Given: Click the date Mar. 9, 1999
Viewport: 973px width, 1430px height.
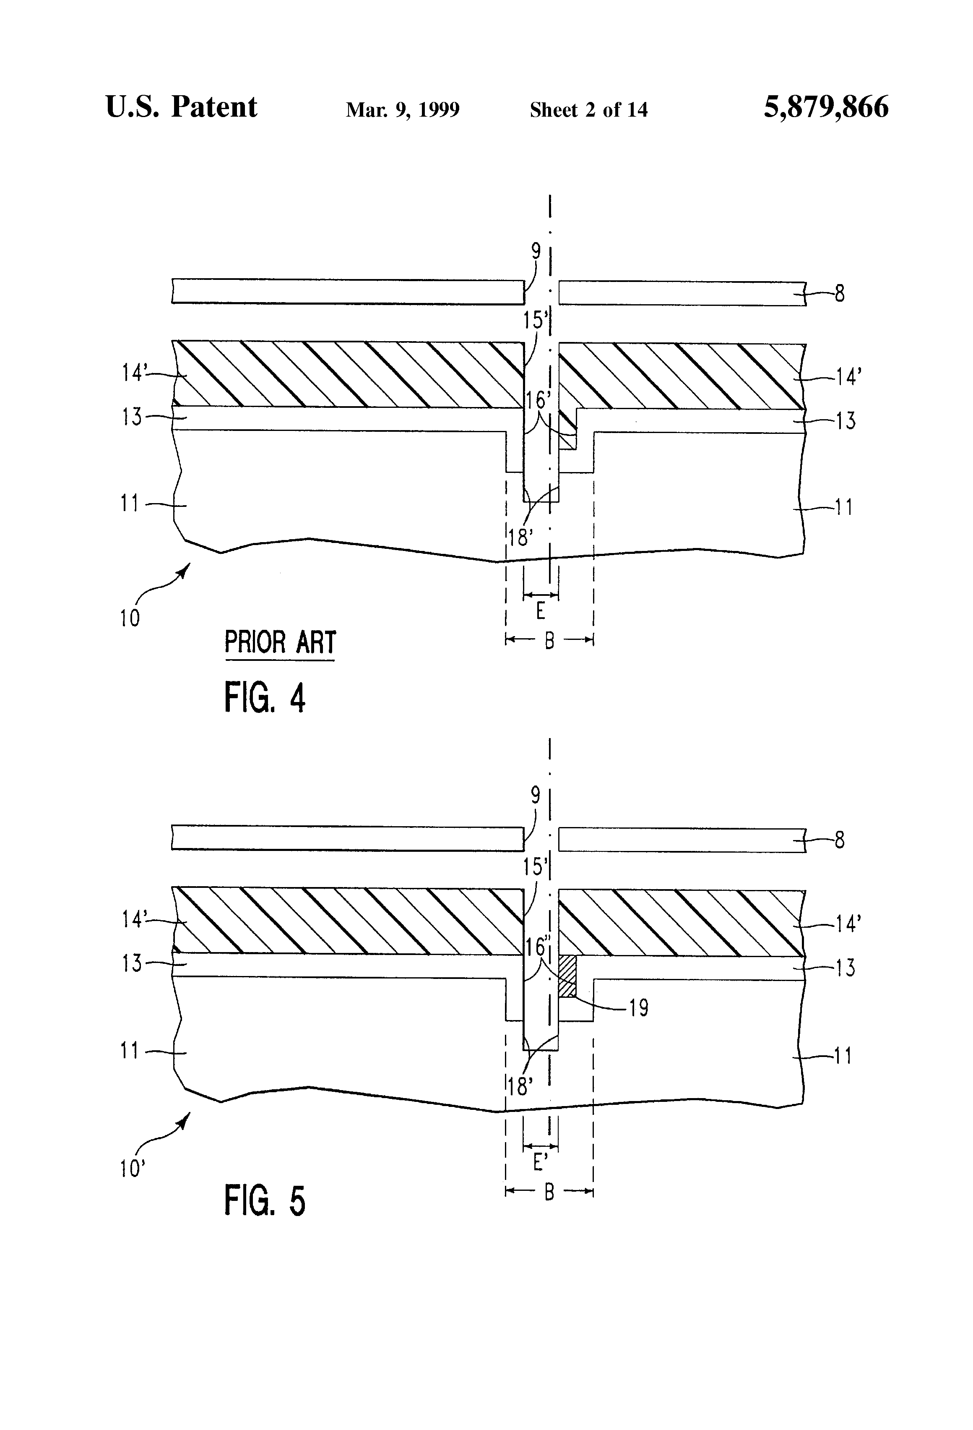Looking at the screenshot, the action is click(403, 110).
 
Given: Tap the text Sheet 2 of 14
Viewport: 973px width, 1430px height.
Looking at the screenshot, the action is click(588, 110).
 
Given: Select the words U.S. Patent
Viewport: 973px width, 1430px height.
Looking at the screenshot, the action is click(182, 107).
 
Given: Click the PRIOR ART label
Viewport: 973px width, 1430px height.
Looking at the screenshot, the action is click(280, 642).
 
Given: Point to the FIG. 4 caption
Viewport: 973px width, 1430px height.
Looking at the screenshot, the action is click(265, 698).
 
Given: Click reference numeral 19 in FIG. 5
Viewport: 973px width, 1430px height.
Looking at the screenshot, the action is click(639, 1008).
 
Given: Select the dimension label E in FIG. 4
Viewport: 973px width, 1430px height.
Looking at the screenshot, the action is click(540, 611).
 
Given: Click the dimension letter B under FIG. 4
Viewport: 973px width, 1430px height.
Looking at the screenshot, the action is click(549, 641).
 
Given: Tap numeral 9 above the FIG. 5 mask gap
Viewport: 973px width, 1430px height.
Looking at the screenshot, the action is click(536, 796).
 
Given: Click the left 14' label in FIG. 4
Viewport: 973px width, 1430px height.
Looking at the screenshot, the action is click(133, 372).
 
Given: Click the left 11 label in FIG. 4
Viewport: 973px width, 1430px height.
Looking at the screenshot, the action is click(129, 504).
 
